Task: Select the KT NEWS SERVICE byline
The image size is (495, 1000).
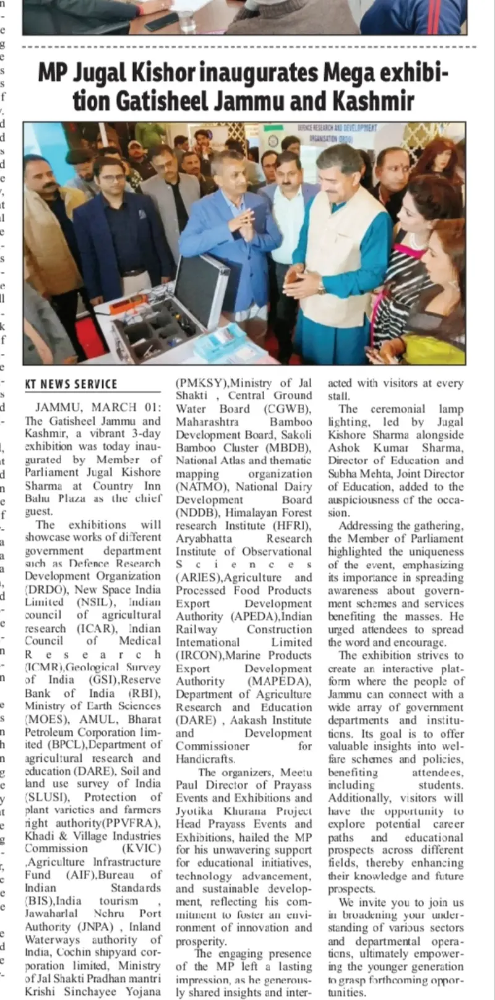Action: pos(71,384)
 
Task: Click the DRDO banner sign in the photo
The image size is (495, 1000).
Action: pos(338,132)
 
